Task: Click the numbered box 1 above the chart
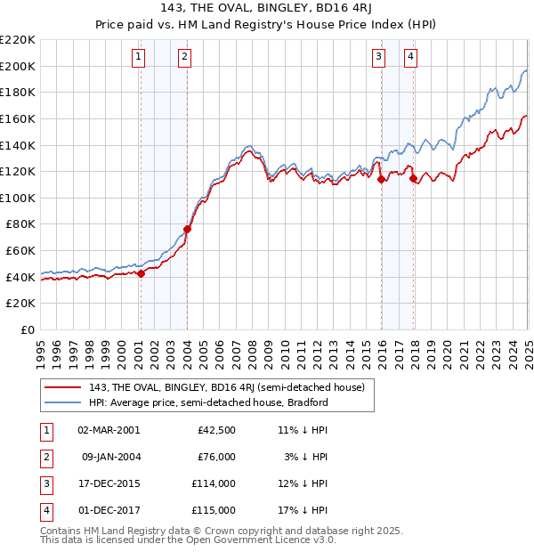(140, 58)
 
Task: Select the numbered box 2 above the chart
(183, 58)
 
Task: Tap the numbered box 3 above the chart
(378, 58)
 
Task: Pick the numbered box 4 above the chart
(410, 58)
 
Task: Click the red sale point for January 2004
(187, 229)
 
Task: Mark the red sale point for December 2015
(381, 179)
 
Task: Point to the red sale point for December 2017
(413, 178)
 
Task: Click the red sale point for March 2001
(141, 273)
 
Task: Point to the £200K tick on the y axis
(19, 66)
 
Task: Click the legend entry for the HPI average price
(209, 402)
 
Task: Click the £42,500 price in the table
(216, 430)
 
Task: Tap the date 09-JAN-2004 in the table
(110, 457)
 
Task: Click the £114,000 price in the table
(214, 483)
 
